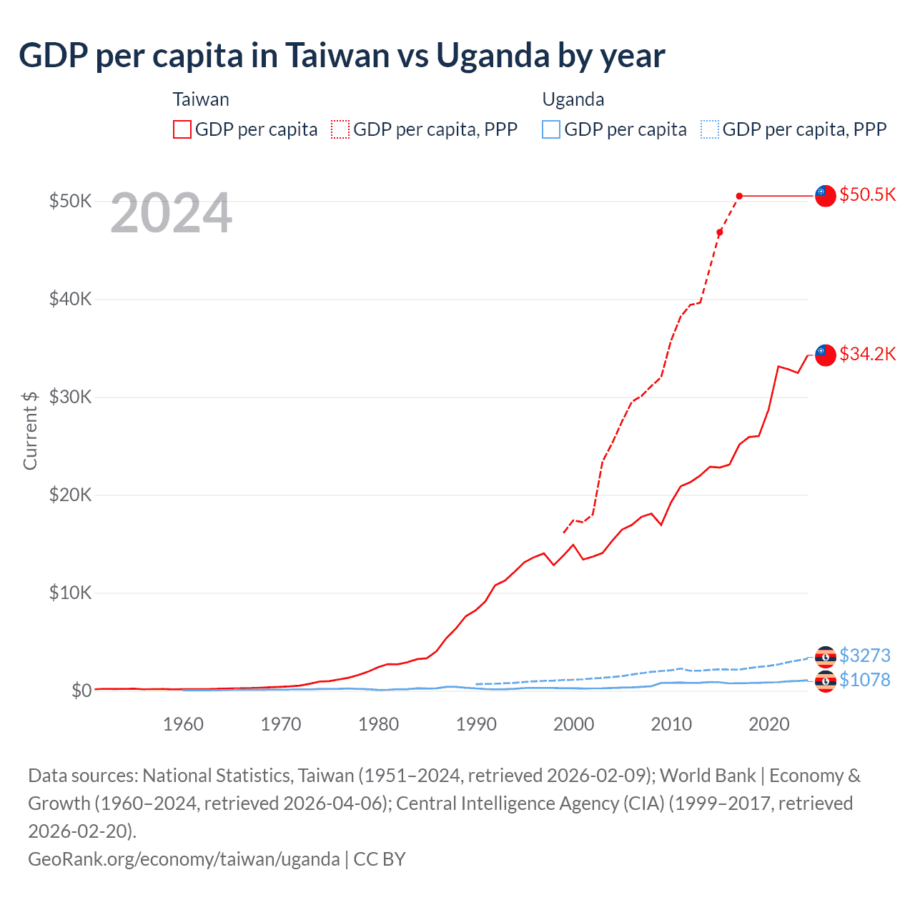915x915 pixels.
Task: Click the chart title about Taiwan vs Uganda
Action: [342, 56]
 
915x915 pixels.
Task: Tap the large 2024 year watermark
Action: [171, 213]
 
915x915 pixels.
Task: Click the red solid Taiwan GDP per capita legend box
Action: [182, 129]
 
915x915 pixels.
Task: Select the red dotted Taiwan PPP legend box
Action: [340, 129]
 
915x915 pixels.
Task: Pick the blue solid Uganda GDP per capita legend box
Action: [551, 129]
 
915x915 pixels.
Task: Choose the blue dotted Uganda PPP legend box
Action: [710, 129]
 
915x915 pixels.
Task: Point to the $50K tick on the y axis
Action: [70, 201]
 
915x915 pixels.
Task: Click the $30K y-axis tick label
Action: [70, 397]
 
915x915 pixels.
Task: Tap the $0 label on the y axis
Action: [81, 691]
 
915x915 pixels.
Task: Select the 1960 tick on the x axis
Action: [183, 724]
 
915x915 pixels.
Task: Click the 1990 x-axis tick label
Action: [476, 724]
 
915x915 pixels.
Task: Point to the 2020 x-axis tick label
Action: [768, 724]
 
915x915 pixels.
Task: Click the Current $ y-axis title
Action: [30, 430]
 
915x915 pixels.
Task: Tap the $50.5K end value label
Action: [867, 195]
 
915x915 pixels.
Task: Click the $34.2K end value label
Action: [867, 354]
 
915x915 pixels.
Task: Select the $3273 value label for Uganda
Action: [864, 656]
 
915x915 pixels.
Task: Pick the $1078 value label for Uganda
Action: [864, 680]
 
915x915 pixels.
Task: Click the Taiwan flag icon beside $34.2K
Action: [826, 355]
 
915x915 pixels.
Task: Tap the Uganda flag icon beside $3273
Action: [826, 656]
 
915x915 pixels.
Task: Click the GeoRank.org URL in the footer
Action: [184, 859]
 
